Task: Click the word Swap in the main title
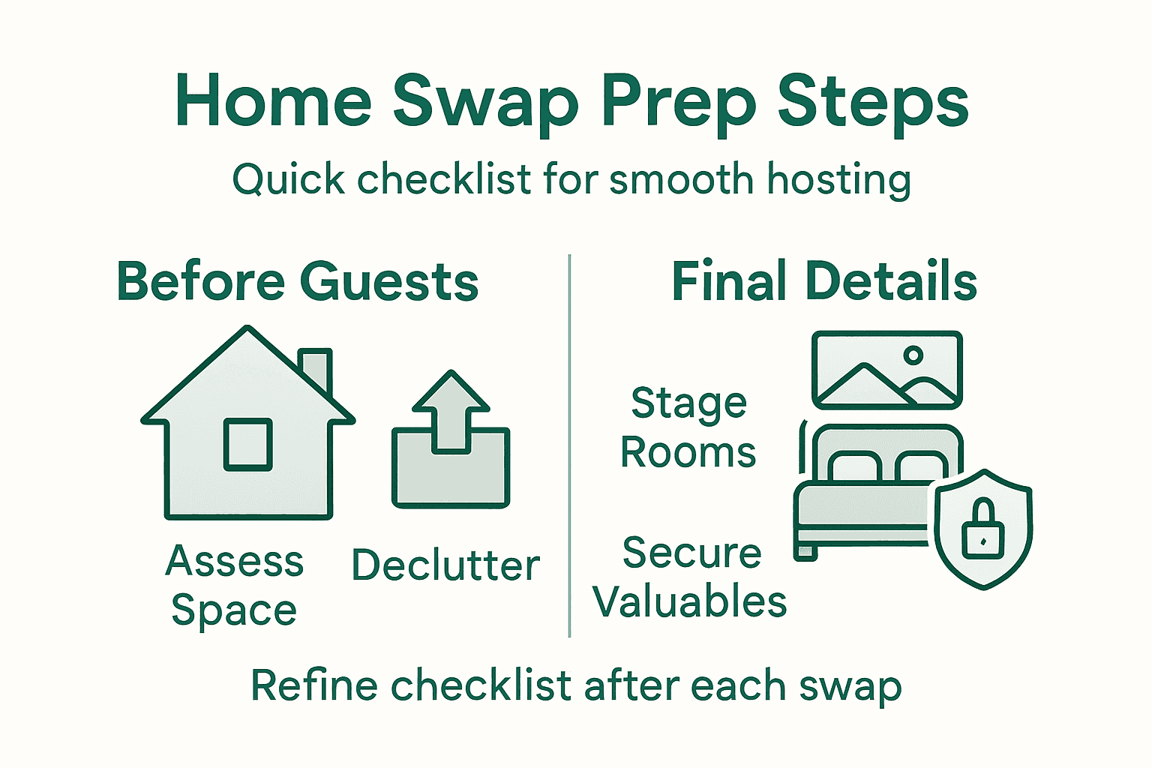click(485, 101)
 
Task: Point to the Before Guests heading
click(298, 282)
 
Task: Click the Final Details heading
click(823, 282)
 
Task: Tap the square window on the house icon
click(248, 445)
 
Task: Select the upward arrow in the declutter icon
click(451, 409)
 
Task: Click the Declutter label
click(445, 565)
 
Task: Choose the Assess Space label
click(234, 586)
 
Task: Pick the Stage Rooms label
click(688, 428)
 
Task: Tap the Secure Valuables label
click(690, 577)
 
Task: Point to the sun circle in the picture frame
click(913, 355)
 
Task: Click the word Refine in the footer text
click(314, 685)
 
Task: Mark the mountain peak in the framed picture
click(864, 369)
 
